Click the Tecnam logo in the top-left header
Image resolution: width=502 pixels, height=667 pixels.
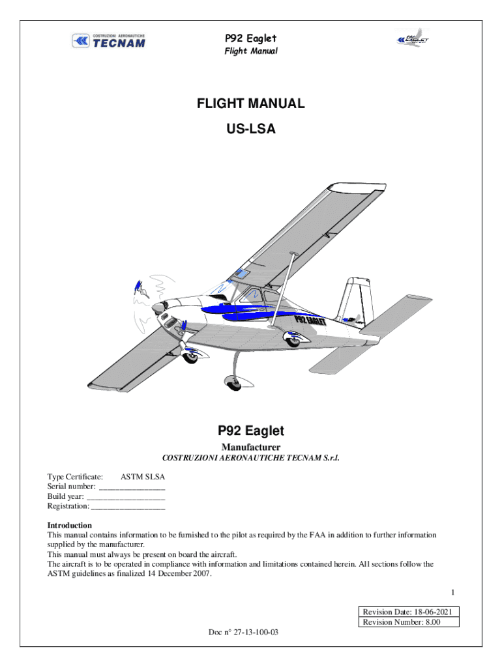point(109,41)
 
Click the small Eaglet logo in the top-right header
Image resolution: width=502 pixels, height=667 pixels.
point(412,38)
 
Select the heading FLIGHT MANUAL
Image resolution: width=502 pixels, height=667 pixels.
point(251,104)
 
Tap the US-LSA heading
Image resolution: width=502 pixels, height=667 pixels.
point(251,128)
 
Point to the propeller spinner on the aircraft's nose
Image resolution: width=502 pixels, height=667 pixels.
point(159,307)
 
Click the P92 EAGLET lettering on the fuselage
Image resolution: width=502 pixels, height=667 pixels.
point(310,319)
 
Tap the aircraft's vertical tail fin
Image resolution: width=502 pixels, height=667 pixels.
point(354,299)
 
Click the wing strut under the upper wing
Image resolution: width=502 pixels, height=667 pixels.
point(282,290)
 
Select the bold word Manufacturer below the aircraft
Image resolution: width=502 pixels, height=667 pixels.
point(251,447)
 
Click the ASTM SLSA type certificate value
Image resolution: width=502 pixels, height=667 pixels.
point(143,477)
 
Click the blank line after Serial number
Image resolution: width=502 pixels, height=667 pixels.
point(132,490)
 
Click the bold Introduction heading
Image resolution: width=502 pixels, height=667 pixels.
point(69,526)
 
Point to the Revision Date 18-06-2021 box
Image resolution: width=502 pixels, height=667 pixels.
point(409,612)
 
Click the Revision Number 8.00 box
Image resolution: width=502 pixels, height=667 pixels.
point(409,622)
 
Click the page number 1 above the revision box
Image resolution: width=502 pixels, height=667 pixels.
point(453,592)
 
